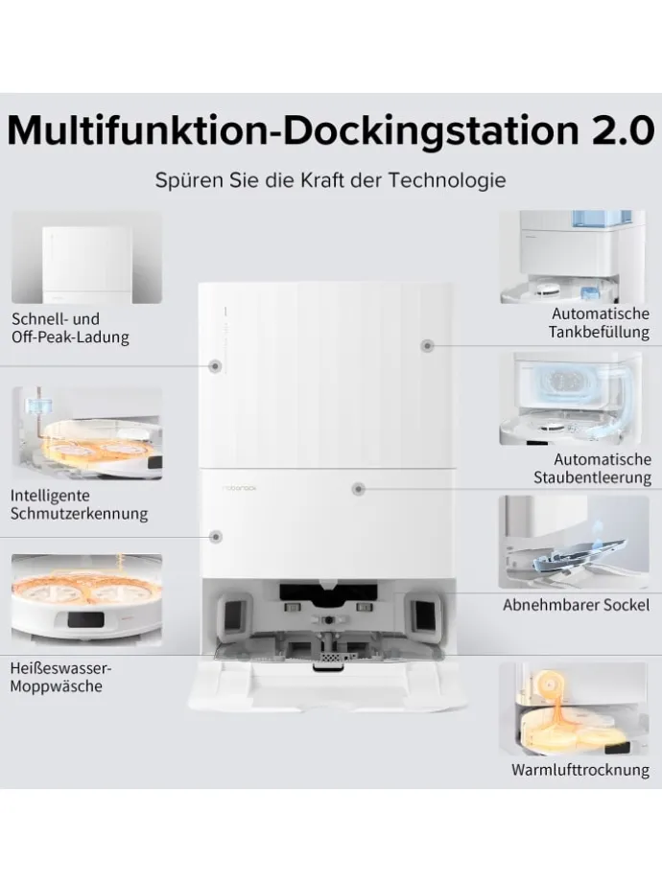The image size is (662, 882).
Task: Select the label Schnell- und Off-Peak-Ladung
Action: pos(70,328)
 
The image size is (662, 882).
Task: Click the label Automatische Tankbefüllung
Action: pos(601,323)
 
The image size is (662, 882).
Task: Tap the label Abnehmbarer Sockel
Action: pos(576,605)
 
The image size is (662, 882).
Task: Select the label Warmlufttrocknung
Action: pos(579,770)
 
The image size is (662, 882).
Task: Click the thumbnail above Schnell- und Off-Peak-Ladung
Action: pos(86,257)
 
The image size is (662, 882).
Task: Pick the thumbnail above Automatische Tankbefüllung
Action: pos(574,257)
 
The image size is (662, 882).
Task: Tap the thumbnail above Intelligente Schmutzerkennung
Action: pos(86,432)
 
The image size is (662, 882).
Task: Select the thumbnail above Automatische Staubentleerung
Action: pos(574,398)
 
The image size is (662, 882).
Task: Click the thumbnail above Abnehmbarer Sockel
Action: pos(574,542)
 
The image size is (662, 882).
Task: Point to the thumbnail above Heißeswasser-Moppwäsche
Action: pos(86,597)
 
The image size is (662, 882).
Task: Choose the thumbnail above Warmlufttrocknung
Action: pos(574,708)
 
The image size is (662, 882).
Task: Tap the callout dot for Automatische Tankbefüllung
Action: pos(428,345)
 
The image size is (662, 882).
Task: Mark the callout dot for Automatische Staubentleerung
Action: pos(358,488)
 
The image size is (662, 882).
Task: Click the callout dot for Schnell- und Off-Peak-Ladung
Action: pos(216,365)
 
